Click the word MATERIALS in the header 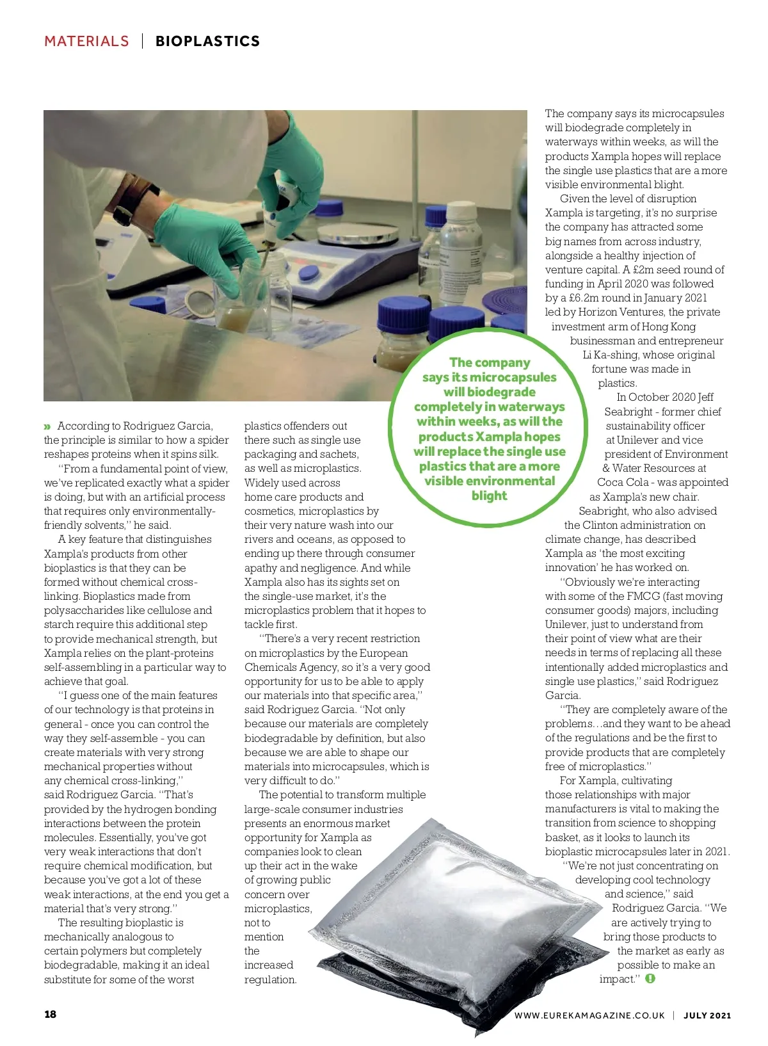click(x=86, y=41)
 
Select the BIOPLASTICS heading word click(x=207, y=41)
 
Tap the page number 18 click(x=50, y=1014)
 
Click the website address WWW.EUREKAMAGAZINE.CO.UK click(x=589, y=1015)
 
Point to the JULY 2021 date click(x=707, y=1015)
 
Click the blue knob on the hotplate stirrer click(x=309, y=275)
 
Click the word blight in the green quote click(x=489, y=495)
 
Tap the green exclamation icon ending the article click(x=650, y=979)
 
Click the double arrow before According click(x=47, y=426)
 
